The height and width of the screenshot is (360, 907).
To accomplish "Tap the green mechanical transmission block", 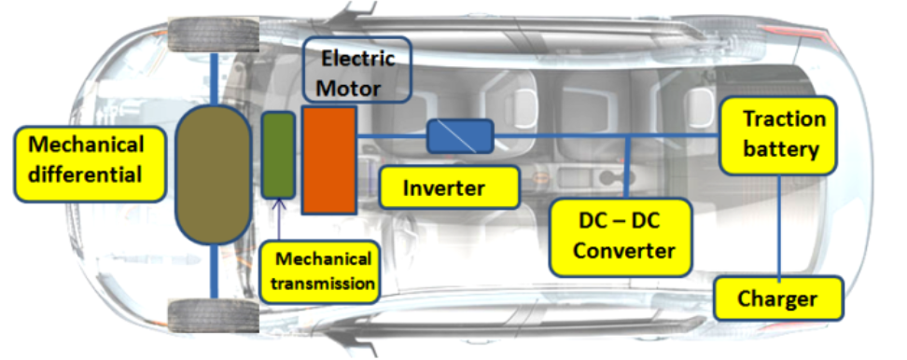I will (278, 154).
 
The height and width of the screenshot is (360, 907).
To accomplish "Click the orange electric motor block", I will (328, 160).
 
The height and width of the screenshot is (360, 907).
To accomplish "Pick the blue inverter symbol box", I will (459, 136).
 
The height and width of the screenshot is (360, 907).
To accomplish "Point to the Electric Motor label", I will (357, 74).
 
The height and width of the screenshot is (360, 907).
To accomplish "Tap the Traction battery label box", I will (778, 134).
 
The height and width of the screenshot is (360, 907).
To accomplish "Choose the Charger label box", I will (777, 299).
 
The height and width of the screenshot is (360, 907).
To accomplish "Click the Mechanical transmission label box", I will (320, 270).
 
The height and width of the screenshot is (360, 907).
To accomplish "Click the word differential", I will (85, 174).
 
